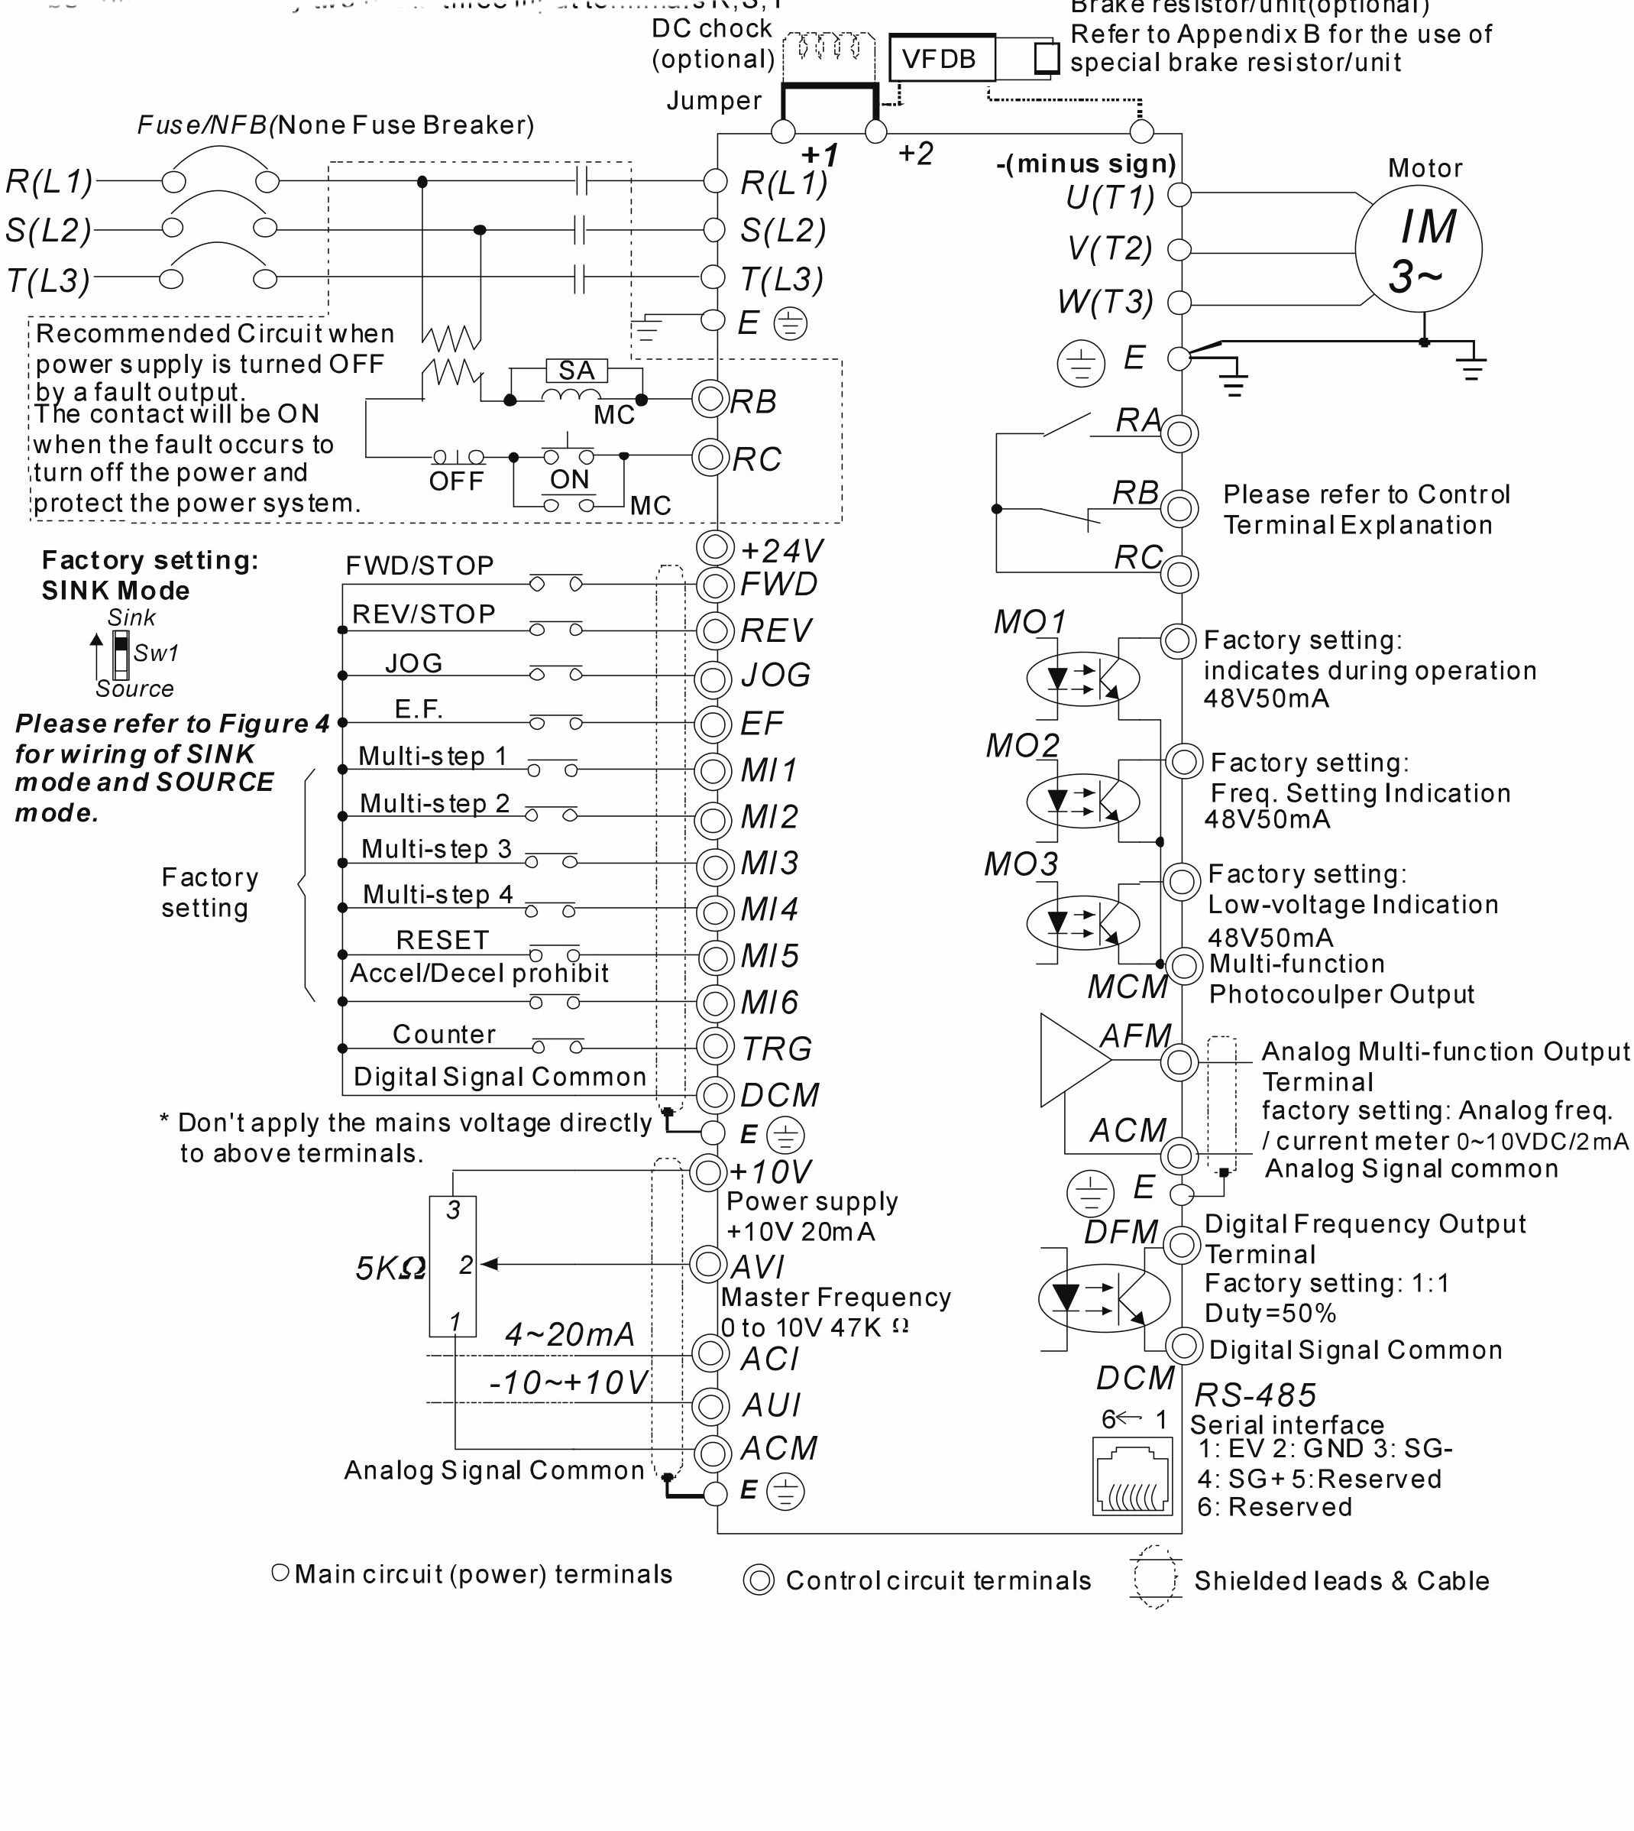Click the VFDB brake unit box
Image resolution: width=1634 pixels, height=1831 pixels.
[x=942, y=58]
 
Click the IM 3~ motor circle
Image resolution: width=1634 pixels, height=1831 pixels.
[x=1418, y=248]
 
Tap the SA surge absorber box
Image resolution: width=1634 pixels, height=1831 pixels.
[x=577, y=370]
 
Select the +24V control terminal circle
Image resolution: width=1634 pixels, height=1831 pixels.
[x=716, y=546]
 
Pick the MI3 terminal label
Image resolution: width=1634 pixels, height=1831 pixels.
[x=769, y=863]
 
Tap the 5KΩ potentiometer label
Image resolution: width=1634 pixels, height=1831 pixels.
[x=390, y=1268]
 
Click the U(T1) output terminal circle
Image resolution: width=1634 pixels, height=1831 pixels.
[x=1179, y=194]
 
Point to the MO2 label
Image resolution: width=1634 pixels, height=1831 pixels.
[x=1023, y=745]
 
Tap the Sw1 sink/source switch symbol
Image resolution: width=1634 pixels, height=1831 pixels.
[x=120, y=653]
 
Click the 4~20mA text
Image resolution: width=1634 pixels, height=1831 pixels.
[x=569, y=1334]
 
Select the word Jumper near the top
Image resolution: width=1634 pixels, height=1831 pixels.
[x=713, y=101]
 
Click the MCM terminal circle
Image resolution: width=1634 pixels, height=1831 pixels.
[x=1185, y=966]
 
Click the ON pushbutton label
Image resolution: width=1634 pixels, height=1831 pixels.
[x=569, y=479]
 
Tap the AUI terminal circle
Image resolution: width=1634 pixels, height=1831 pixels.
[x=711, y=1405]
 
